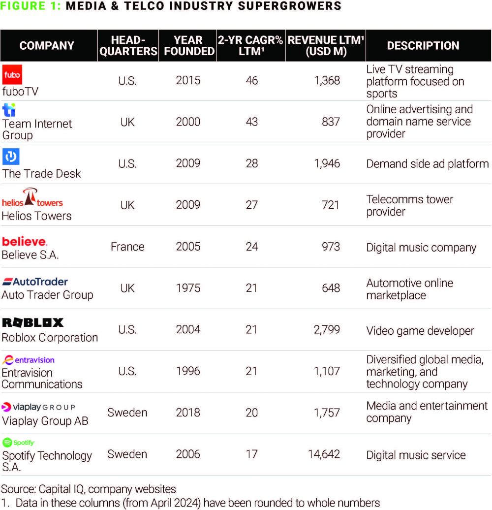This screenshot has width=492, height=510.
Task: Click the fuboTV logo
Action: [12, 74]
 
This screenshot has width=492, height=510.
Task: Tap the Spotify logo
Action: [18, 443]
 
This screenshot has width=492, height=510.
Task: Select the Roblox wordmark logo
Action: [33, 322]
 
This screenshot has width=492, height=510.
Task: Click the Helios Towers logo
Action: [32, 198]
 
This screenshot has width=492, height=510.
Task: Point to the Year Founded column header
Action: [188, 45]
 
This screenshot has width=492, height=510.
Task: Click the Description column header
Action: [423, 45]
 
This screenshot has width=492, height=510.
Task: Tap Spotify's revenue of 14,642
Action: [324, 454]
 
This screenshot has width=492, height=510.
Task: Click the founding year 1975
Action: [188, 287]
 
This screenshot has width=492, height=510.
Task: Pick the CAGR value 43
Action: [251, 121]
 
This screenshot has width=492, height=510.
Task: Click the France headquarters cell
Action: [127, 246]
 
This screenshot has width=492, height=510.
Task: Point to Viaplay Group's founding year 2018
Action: [188, 413]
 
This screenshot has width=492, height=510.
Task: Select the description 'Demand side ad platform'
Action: [427, 163]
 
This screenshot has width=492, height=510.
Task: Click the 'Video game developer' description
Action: [420, 331]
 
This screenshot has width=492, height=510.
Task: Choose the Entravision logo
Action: [29, 360]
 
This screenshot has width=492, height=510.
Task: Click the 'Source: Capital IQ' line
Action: [89, 489]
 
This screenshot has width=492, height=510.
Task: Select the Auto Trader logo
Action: [35, 282]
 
